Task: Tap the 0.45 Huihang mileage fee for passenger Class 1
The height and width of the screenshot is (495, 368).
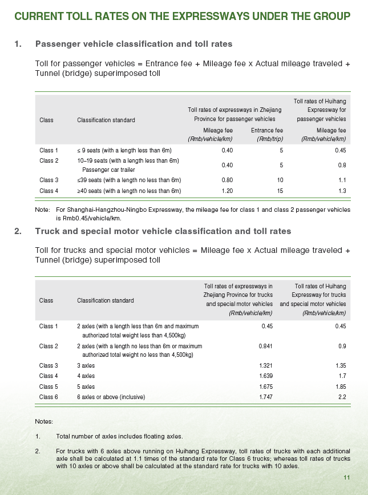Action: (341, 150)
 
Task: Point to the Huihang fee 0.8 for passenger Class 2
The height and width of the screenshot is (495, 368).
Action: (342, 164)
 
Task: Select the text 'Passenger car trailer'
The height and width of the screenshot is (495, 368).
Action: (109, 170)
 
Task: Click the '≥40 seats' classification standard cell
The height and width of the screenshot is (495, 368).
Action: (129, 191)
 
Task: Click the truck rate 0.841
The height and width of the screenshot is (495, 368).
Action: (265, 346)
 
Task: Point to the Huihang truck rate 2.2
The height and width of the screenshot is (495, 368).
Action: (342, 396)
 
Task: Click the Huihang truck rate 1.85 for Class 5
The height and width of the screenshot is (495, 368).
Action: (340, 386)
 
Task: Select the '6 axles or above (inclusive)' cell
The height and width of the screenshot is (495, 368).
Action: (111, 396)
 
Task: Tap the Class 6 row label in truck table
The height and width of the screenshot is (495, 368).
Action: (48, 396)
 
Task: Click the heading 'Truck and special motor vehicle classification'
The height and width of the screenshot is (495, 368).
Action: (163, 231)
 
